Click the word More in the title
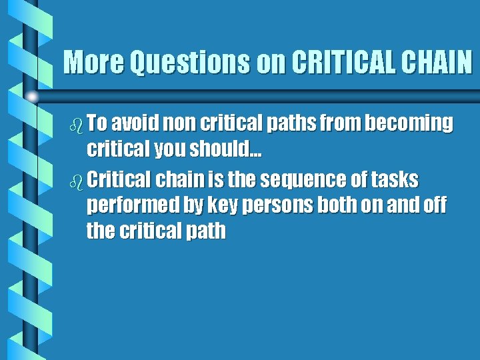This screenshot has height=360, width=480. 94,63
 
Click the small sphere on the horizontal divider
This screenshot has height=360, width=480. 31,97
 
